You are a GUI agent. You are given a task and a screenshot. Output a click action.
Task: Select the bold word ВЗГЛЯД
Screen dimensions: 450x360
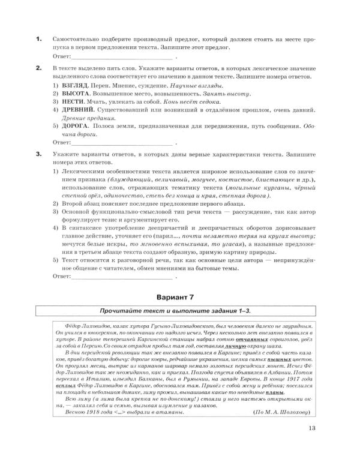(x=74, y=87)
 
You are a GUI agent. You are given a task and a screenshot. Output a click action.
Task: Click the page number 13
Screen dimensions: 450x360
(x=311, y=427)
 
